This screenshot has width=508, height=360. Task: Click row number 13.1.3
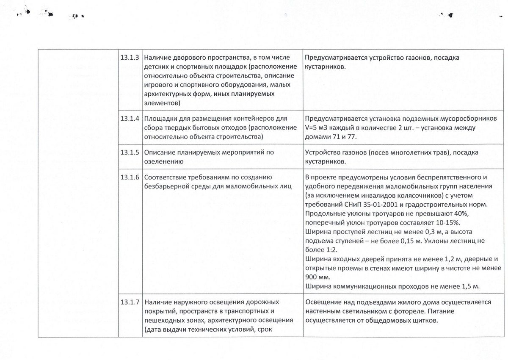click(130, 58)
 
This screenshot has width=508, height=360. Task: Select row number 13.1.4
click(130, 119)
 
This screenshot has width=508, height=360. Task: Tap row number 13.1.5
click(130, 152)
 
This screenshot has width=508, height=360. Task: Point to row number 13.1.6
click(130, 177)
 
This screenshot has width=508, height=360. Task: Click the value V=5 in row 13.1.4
click(311, 128)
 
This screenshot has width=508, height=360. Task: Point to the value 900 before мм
click(311, 278)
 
